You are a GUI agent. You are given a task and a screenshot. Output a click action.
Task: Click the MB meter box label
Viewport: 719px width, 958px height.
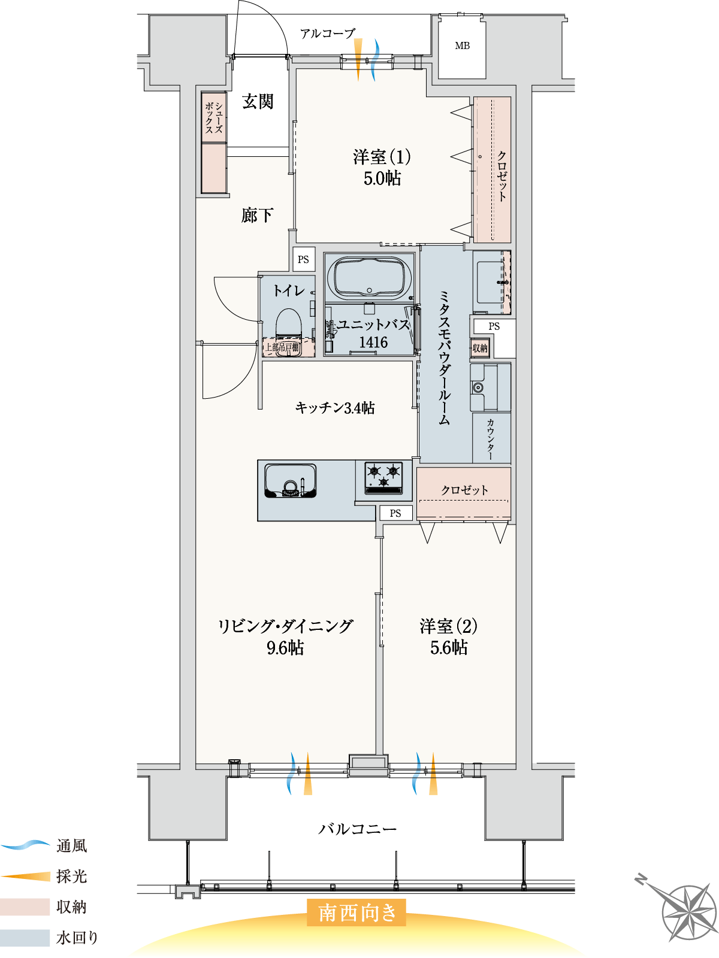coord(462,46)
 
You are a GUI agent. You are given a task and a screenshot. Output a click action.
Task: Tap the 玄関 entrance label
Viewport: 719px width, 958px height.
coord(258,102)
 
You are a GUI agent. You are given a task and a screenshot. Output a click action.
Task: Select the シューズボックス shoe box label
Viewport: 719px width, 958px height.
coord(214,117)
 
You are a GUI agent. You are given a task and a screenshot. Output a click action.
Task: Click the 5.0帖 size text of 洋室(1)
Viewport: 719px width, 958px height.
coord(382,178)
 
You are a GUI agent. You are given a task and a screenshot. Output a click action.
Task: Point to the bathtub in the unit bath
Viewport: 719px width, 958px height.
coord(369,277)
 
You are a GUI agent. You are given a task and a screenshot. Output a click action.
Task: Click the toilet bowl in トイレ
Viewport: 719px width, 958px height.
coord(288,323)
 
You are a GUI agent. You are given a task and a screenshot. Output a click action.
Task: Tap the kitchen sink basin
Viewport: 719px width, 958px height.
coord(291,480)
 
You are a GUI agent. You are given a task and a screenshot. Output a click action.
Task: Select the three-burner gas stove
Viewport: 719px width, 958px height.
coord(383,477)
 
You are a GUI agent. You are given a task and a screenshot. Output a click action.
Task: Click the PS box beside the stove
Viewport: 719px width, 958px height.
coord(395,513)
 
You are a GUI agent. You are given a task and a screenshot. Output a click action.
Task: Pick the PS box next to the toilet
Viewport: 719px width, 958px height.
coord(304,259)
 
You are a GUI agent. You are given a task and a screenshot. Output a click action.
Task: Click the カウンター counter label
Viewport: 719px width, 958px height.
coord(491,439)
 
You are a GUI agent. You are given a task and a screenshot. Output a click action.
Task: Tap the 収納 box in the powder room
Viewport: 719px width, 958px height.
coord(480,348)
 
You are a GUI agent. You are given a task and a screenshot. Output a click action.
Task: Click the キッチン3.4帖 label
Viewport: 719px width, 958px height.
coord(335,408)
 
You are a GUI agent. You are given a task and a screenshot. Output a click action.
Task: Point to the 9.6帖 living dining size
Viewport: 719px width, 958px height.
coord(285,647)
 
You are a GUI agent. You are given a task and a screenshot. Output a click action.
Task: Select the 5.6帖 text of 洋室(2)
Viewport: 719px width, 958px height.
coord(449,647)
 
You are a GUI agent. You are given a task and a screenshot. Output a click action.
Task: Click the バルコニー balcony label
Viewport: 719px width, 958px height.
coord(357,829)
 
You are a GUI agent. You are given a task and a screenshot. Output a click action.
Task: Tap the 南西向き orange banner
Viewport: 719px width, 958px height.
coord(357,912)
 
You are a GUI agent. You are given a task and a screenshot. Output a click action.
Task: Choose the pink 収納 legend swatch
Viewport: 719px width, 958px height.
coord(25,907)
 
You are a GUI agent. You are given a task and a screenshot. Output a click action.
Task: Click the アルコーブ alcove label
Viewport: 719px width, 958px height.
coord(328,34)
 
